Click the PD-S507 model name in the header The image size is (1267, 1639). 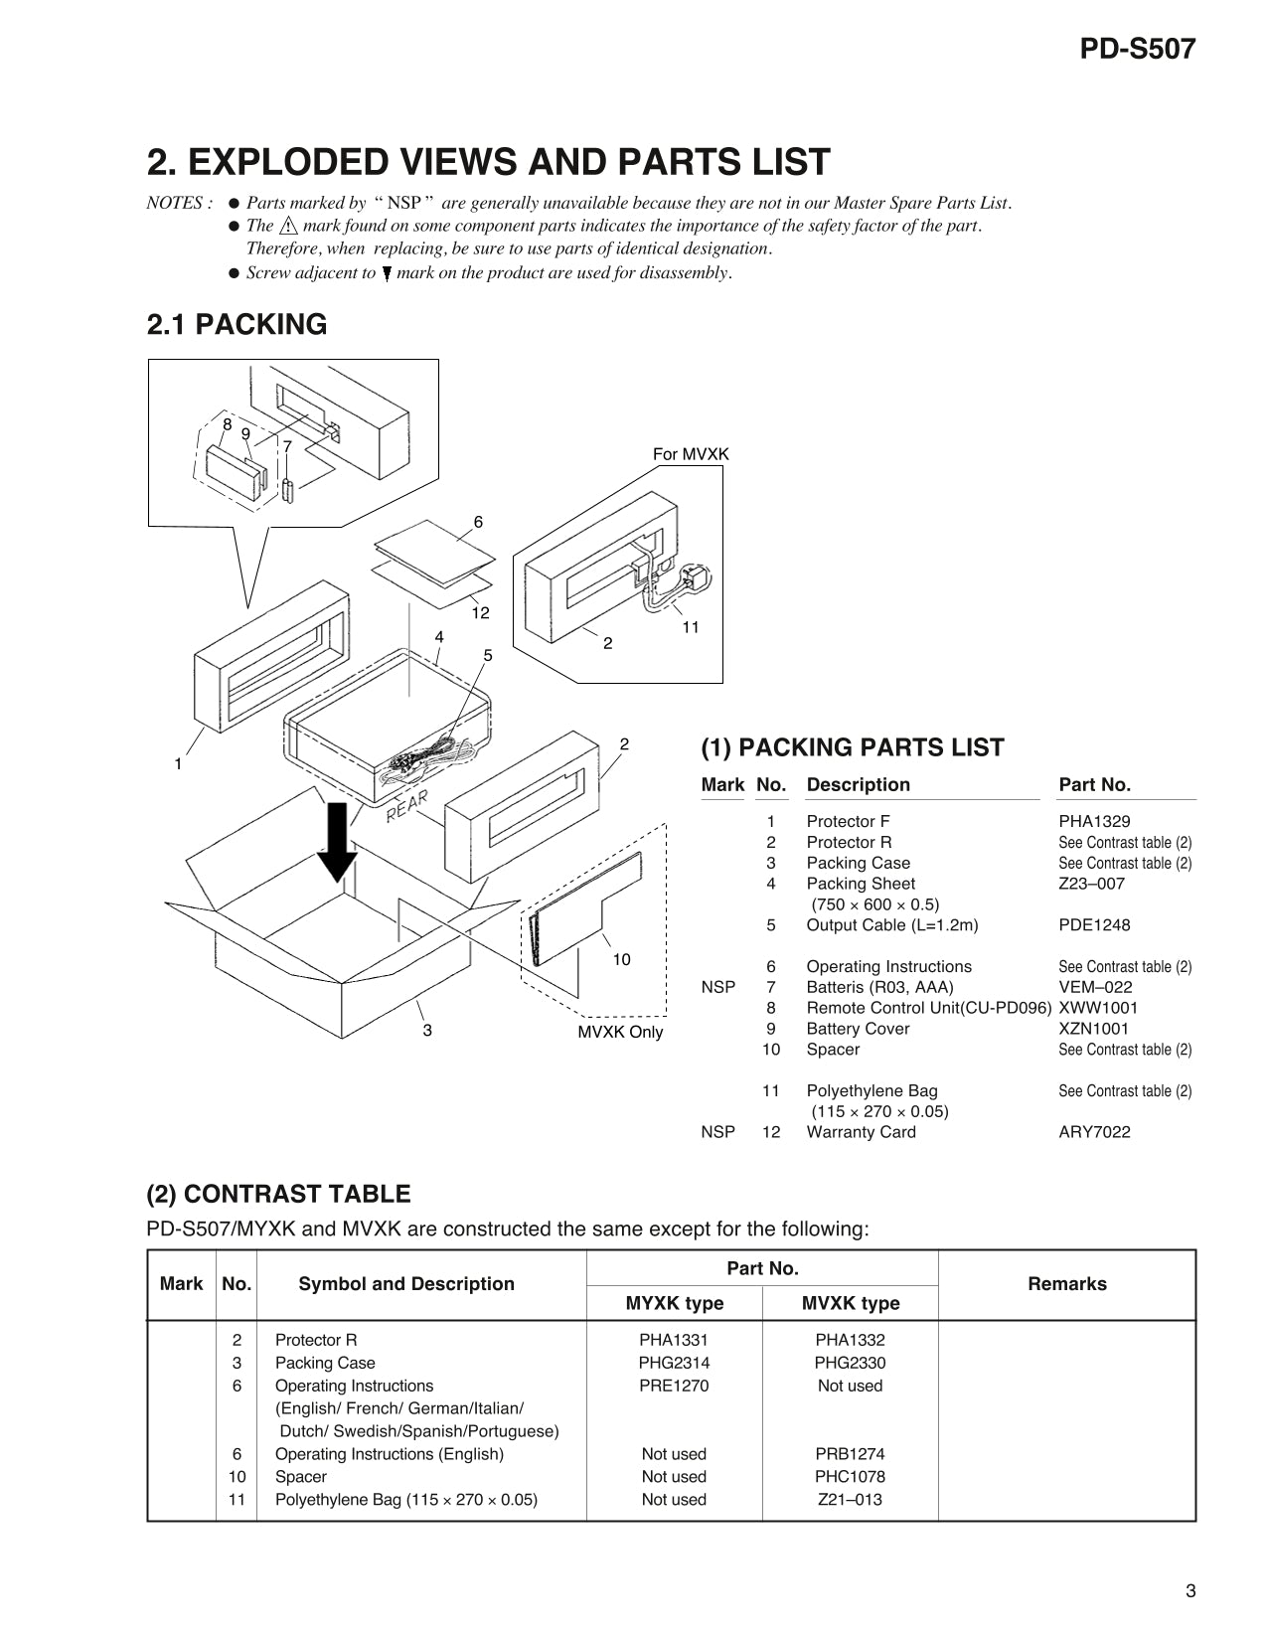coord(1137,49)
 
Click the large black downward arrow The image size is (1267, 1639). coord(338,841)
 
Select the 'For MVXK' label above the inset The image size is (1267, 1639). coord(690,454)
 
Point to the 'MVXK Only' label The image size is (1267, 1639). coord(620,1032)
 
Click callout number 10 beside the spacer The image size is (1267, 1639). coord(621,959)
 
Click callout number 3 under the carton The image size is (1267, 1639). coord(427,1031)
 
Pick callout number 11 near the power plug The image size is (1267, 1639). coord(691,627)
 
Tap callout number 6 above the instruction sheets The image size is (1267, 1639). coord(478,522)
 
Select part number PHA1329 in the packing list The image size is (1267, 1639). coord(1094,821)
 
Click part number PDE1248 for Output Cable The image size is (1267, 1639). coord(1094,925)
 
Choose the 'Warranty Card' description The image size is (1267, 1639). coord(861,1132)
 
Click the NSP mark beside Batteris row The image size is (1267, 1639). coord(717,987)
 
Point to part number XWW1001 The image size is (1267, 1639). coord(1098,1008)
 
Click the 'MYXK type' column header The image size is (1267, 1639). coord(674,1303)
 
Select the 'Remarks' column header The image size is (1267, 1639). coord(1066,1284)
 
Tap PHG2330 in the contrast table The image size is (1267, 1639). coord(850,1363)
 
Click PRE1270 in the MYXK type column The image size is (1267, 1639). coord(674,1386)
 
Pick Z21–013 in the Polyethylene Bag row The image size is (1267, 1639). coord(850,1500)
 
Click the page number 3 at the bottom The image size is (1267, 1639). coord(1190,1591)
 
